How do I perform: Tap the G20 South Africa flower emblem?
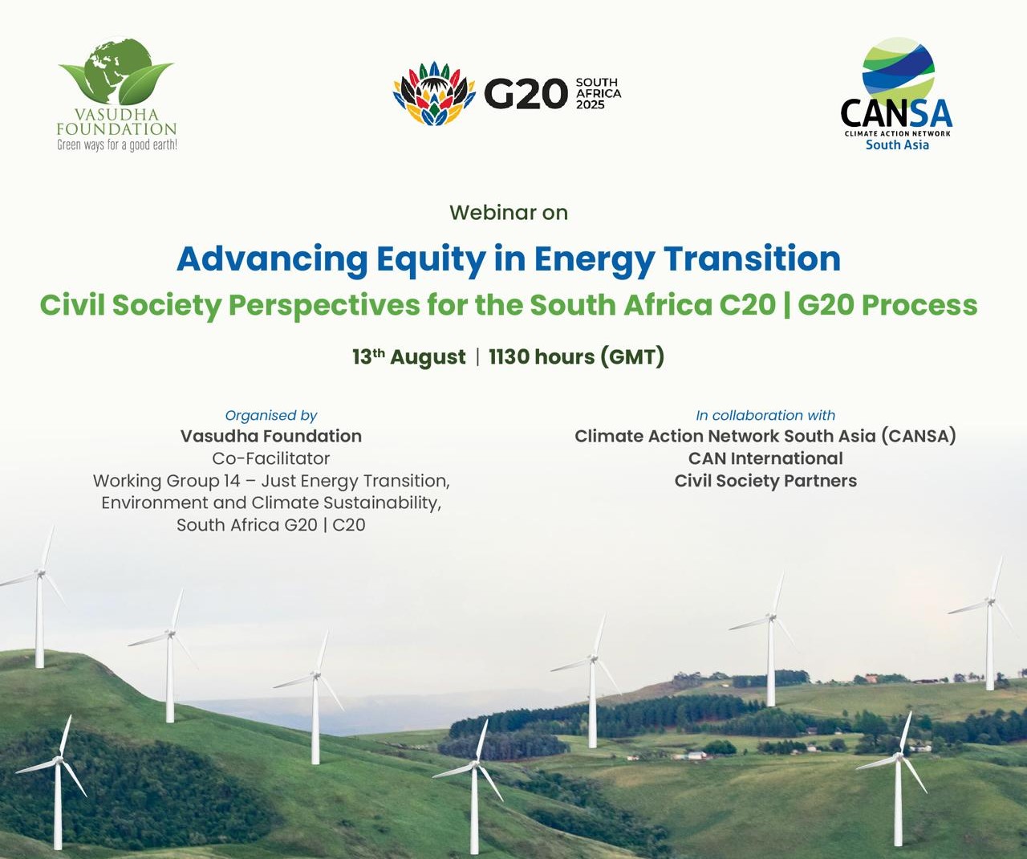(x=434, y=94)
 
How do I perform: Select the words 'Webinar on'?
(x=509, y=213)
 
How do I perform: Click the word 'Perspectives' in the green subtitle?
(x=324, y=305)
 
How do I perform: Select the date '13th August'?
(x=408, y=356)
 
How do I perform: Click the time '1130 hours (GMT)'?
(x=576, y=357)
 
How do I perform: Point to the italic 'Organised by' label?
(x=271, y=416)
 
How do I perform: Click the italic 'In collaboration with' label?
(x=765, y=415)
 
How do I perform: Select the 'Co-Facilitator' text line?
(x=271, y=458)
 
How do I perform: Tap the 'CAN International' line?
(x=765, y=458)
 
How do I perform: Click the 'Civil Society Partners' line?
(x=765, y=480)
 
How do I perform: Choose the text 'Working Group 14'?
(x=167, y=481)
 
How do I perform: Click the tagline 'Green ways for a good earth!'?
(x=117, y=145)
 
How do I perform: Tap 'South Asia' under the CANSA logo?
(x=897, y=145)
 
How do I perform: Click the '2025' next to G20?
(x=591, y=104)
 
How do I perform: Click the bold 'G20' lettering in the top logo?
(x=526, y=94)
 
